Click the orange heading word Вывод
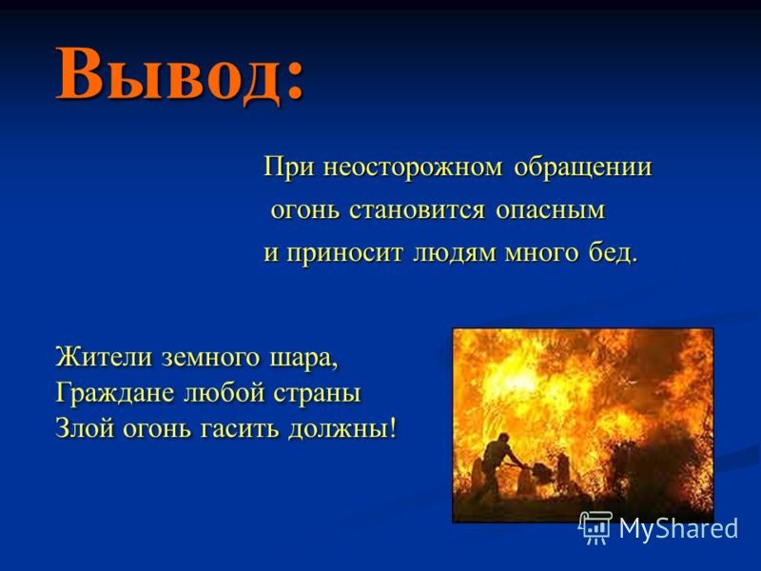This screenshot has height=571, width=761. click(x=168, y=74)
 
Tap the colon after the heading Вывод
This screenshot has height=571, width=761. click(x=294, y=81)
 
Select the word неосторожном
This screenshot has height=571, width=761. click(x=412, y=168)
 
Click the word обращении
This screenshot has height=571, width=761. click(x=582, y=167)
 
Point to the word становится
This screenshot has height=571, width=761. click(x=417, y=211)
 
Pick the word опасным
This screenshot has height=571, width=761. click(x=551, y=211)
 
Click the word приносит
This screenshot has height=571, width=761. click(x=344, y=254)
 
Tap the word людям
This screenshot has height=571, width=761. click(x=455, y=254)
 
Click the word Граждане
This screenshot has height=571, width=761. click(x=115, y=393)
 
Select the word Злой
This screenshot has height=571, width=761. click(x=84, y=428)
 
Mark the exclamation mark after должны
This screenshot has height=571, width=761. click(x=392, y=427)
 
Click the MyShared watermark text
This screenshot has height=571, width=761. click(x=678, y=528)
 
